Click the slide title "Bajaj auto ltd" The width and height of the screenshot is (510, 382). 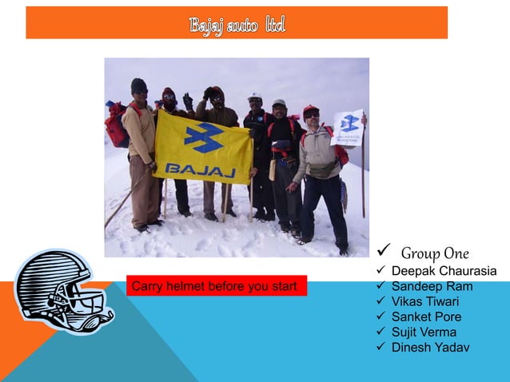coord(237,25)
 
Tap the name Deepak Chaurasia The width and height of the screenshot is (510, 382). coord(444,272)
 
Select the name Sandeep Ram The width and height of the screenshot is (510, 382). coord(432,287)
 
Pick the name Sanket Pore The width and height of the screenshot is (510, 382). coord(426,317)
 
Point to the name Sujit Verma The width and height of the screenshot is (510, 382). coord(424,332)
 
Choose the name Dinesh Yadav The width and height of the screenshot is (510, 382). coord(430,348)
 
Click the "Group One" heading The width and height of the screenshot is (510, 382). coord(435,253)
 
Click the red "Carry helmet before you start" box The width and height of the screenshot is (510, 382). coord(217,286)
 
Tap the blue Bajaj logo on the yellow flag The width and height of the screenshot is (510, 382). coord(204,137)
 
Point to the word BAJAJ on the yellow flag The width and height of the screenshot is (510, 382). coord(199,169)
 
